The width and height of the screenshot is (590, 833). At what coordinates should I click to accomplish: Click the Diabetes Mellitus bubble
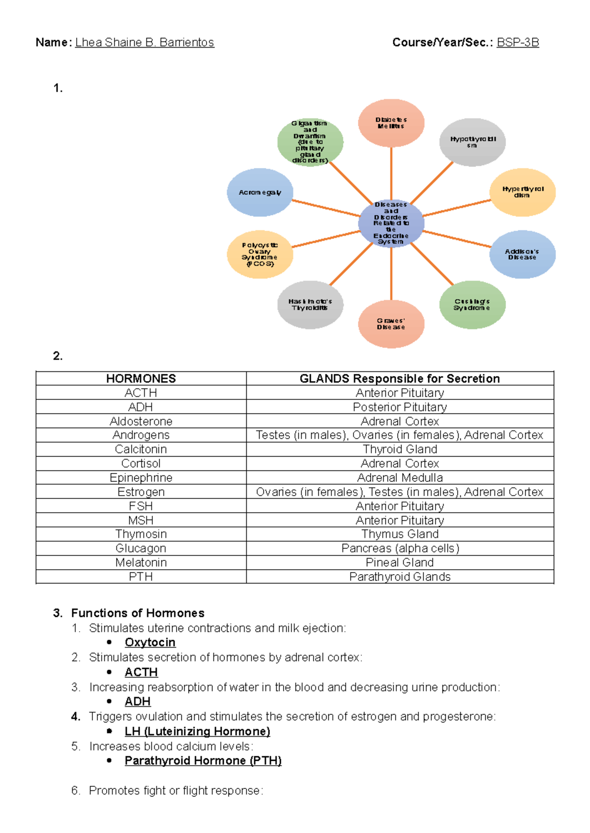(x=391, y=123)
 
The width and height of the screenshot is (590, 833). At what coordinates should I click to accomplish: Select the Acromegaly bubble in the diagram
(x=260, y=193)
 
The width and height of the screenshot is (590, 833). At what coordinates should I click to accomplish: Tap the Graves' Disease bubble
(x=391, y=324)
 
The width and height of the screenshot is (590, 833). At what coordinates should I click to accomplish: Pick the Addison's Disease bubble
(x=522, y=254)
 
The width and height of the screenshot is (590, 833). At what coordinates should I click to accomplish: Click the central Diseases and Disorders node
(x=391, y=223)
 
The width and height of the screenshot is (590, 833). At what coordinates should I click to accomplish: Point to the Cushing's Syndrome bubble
(x=472, y=305)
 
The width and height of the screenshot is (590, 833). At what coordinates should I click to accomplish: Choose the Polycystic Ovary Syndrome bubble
(x=260, y=254)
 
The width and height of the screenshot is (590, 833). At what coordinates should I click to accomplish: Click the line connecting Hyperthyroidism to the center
(x=457, y=208)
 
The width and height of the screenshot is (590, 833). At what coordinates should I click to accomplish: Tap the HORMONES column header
(x=141, y=379)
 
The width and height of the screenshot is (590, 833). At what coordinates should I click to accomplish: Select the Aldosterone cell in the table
(x=141, y=421)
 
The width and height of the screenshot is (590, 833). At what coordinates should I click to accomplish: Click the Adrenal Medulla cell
(x=400, y=478)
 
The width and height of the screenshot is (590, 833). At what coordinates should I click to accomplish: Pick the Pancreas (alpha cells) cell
(x=400, y=549)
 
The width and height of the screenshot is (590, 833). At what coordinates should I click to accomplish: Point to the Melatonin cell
(x=141, y=563)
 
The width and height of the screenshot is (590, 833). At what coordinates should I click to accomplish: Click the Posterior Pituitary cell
(x=400, y=407)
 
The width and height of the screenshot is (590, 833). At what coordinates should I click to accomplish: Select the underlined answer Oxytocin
(x=150, y=642)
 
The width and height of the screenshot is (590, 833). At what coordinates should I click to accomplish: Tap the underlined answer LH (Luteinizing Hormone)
(x=197, y=731)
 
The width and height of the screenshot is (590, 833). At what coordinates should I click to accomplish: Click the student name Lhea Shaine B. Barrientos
(x=145, y=43)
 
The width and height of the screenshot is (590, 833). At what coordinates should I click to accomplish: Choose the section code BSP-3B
(x=518, y=43)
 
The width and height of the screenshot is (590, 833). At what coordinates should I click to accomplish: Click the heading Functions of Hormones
(x=138, y=613)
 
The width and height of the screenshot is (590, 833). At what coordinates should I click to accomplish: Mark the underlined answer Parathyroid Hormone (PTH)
(x=203, y=761)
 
